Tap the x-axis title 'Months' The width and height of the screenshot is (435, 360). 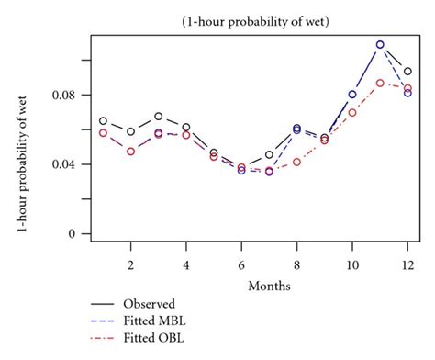pos(269,286)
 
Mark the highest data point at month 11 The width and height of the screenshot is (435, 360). pos(380,44)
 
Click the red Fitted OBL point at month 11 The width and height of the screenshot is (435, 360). pos(380,83)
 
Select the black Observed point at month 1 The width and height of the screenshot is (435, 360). pos(103,121)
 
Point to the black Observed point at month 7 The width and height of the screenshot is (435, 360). pos(269,155)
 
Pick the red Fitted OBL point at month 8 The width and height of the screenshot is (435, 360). pos(296,162)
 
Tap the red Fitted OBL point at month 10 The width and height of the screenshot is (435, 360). pos(352,112)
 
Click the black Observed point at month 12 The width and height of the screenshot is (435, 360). pos(407,72)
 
